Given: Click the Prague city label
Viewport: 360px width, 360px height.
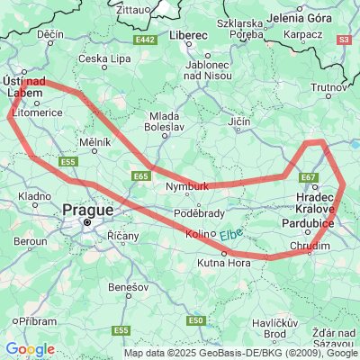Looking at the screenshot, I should [x=87, y=209].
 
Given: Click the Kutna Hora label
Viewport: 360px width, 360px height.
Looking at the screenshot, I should [x=224, y=263].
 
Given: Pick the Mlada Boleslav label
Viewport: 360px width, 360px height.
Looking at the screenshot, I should [x=166, y=121].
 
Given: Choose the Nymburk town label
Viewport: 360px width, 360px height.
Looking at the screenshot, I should [x=187, y=186].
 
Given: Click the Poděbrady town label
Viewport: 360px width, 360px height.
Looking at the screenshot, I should [x=199, y=213].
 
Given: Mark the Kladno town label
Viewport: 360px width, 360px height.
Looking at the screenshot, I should [x=34, y=195].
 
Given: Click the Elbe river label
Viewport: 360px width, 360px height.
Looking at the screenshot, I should [x=231, y=233].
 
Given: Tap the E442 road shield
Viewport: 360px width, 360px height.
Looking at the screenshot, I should [x=148, y=40].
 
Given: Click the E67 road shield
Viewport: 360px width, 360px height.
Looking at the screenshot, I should [x=310, y=177].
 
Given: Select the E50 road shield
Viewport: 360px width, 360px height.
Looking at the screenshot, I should [x=196, y=319].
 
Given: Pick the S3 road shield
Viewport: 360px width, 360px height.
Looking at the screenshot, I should [x=344, y=40].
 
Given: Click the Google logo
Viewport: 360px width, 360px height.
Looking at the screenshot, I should [x=30, y=349].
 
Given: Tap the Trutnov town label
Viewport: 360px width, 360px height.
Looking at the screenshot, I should [x=328, y=87].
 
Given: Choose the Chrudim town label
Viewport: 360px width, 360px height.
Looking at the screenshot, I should [x=310, y=246].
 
